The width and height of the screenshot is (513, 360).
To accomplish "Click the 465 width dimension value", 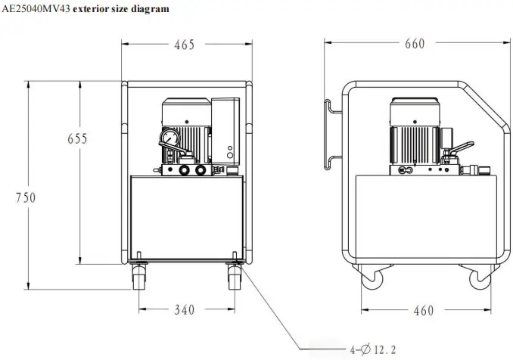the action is pyautogui.click(x=184, y=45).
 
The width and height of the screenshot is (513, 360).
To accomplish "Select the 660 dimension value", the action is pyautogui.click(x=415, y=44).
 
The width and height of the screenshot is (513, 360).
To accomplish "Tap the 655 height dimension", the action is pyautogui.click(x=77, y=138).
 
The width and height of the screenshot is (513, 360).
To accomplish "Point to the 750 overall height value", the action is pyautogui.click(x=26, y=197).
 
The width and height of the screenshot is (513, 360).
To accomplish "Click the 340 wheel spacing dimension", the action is pyautogui.click(x=184, y=309).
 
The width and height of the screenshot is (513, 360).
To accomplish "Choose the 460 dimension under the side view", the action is pyautogui.click(x=424, y=310).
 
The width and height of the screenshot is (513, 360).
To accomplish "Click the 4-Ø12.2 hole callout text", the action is pyautogui.click(x=373, y=350).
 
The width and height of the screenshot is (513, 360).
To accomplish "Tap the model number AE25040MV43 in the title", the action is pyautogui.click(x=36, y=9).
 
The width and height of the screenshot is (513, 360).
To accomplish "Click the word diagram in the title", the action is pyautogui.click(x=150, y=9).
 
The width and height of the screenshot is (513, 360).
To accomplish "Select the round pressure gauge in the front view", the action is pyautogui.click(x=170, y=138).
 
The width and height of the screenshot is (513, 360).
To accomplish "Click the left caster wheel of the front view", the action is pyautogui.click(x=139, y=278).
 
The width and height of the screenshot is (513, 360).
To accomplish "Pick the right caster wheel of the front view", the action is pyautogui.click(x=235, y=278).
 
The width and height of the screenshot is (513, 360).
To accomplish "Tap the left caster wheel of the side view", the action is pyautogui.click(x=372, y=279).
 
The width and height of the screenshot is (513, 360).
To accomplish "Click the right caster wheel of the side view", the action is pyautogui.click(x=480, y=279).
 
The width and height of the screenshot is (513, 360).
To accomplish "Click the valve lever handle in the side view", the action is pyautogui.click(x=462, y=147).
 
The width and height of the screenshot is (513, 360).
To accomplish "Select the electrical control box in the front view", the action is pyautogui.click(x=225, y=131).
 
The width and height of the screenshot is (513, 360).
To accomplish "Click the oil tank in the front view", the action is pyautogui.click(x=187, y=218).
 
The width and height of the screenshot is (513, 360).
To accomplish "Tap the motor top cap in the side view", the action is pyautogui.click(x=415, y=101).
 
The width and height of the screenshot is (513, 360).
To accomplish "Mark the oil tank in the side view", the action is pyautogui.click(x=426, y=218).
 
